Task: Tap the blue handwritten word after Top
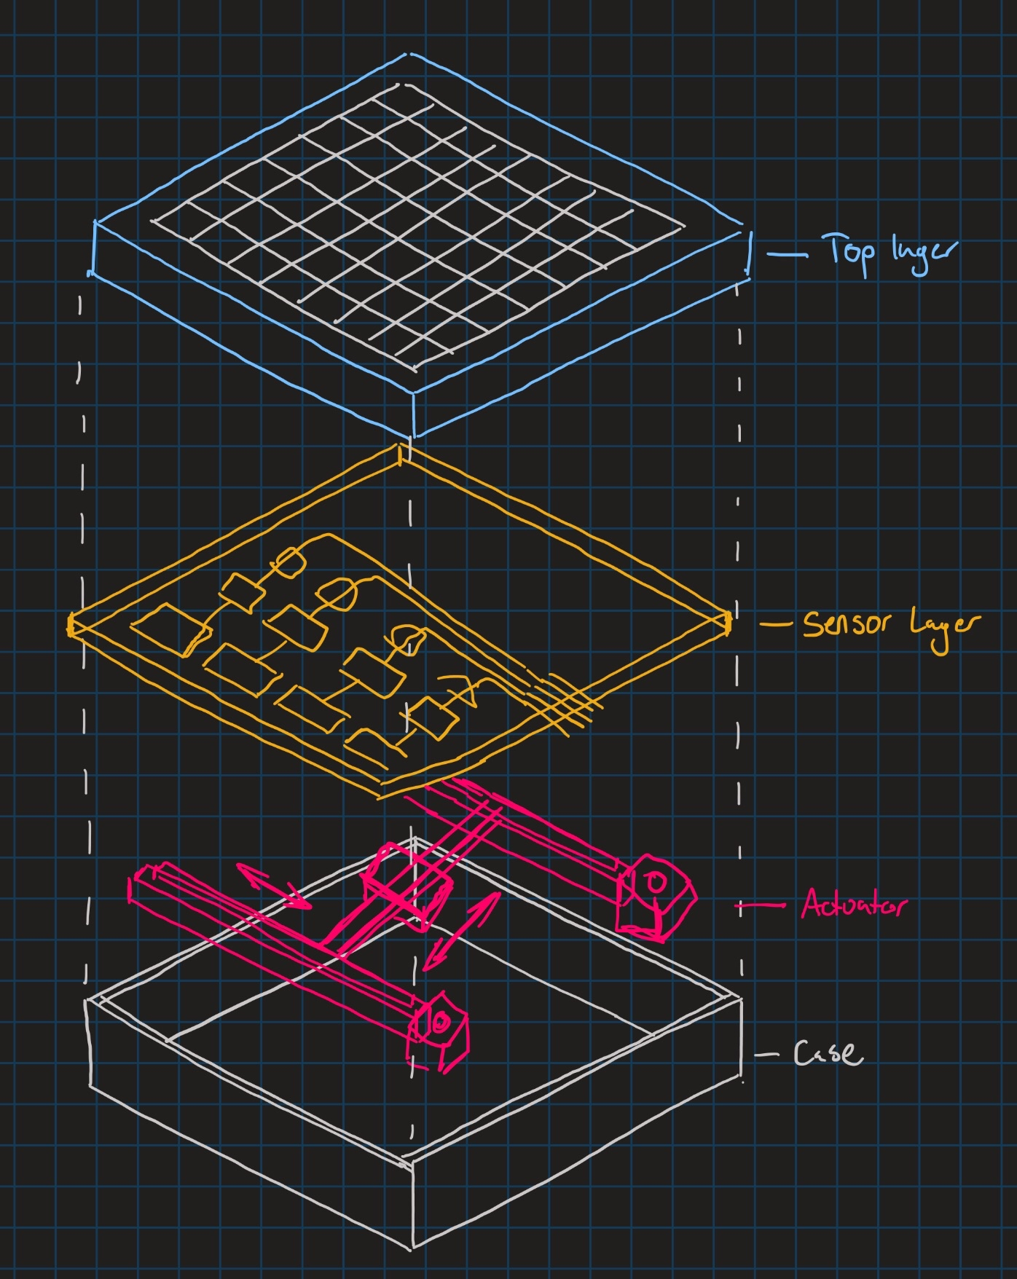922,254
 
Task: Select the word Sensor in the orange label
848,623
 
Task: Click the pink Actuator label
854,905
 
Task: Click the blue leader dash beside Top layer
787,255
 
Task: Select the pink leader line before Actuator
761,906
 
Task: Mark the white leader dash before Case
766,1054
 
